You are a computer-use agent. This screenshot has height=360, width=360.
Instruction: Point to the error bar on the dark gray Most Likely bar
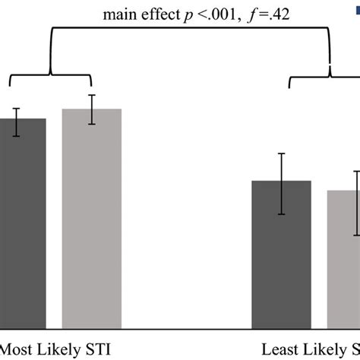(x=17, y=122)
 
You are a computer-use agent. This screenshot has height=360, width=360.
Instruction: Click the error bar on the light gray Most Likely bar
(x=92, y=109)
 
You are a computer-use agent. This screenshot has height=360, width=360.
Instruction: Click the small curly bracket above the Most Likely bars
(x=50, y=76)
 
